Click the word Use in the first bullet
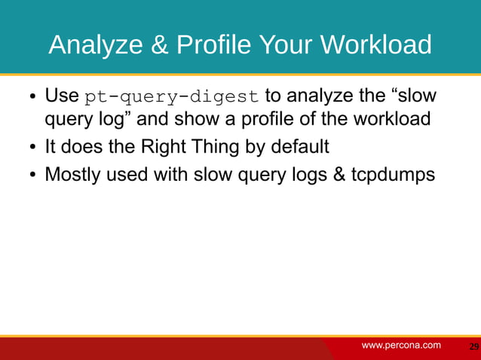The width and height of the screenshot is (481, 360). point(62,97)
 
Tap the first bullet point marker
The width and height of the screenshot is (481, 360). point(33,99)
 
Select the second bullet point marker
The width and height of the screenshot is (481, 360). point(33,147)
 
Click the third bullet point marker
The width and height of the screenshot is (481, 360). point(33,175)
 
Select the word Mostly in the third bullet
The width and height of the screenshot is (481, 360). point(72,174)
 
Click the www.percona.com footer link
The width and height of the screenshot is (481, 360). point(401,345)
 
